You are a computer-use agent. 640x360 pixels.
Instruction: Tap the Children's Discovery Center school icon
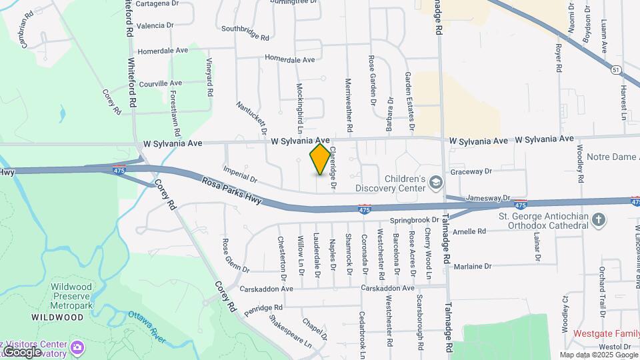pos(435,182)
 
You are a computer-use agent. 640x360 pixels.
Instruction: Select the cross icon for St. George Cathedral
pos(599,219)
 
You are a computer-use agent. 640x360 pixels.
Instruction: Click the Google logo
pos(22,351)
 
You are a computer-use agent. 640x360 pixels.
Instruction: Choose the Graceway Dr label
pos(471,171)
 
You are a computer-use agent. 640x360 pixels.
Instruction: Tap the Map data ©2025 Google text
pos(599,355)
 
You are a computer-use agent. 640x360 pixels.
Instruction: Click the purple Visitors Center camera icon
pos(77,347)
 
